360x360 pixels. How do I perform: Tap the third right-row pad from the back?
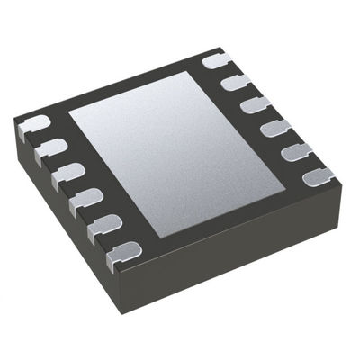(255, 105)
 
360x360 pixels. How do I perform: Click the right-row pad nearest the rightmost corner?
(316, 175)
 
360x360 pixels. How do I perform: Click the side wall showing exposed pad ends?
(67, 225)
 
